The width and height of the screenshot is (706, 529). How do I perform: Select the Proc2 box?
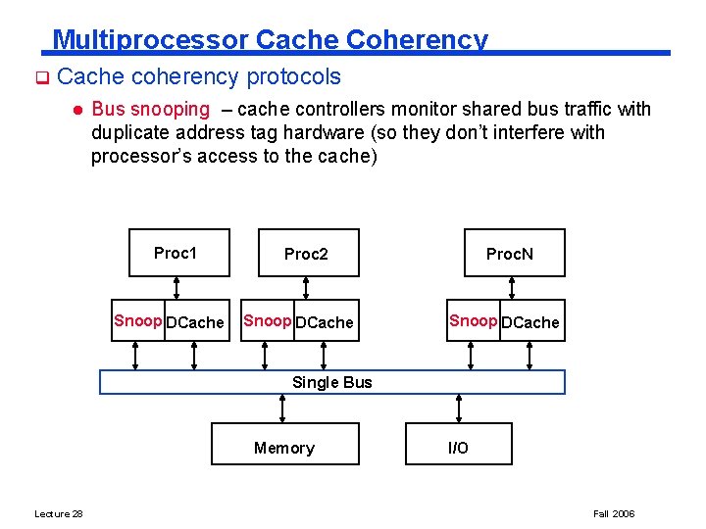pyautogui.click(x=308, y=254)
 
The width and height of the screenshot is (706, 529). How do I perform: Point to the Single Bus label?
pyautogui.click(x=332, y=382)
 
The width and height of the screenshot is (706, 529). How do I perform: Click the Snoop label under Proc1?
pyautogui.click(x=138, y=320)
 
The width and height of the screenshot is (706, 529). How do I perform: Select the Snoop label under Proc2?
pyautogui.click(x=268, y=320)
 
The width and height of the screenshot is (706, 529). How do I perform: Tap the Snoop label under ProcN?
pyautogui.click(x=474, y=320)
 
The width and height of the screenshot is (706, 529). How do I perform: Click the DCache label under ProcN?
pyautogui.click(x=530, y=322)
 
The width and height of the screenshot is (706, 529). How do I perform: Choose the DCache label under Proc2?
pyautogui.click(x=325, y=322)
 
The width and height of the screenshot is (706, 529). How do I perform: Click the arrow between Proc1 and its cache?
pyautogui.click(x=176, y=287)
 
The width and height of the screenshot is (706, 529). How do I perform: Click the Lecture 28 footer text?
pyautogui.click(x=59, y=513)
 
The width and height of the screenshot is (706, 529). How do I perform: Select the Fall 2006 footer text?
pyautogui.click(x=615, y=513)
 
